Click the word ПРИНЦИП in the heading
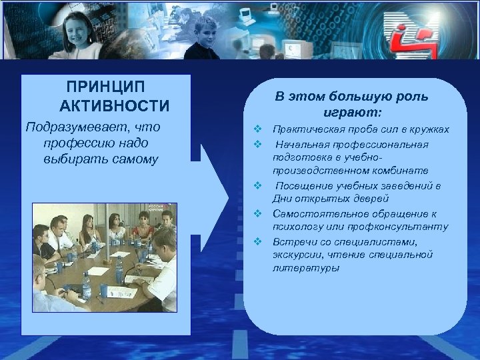[107, 88]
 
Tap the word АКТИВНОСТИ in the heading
[114, 107]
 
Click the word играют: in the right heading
[353, 112]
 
